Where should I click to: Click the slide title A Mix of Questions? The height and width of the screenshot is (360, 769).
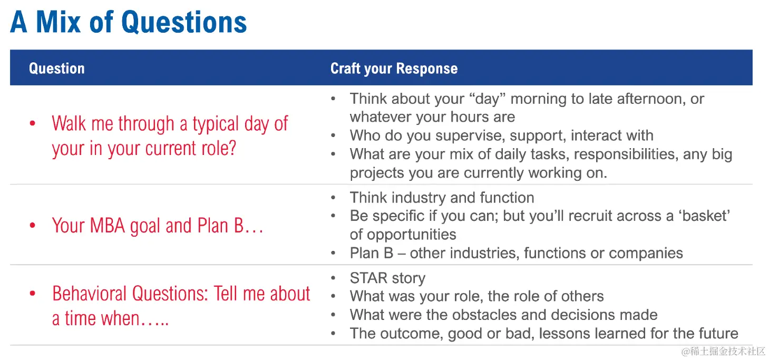(129, 22)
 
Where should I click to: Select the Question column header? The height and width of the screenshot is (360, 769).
(56, 69)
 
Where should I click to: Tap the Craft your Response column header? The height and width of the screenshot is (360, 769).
(394, 69)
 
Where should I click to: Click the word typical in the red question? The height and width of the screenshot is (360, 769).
(216, 124)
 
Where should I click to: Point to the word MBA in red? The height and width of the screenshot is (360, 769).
(108, 226)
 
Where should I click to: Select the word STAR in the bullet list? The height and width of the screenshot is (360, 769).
(368, 278)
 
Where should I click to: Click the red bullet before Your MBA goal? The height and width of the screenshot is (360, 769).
(33, 226)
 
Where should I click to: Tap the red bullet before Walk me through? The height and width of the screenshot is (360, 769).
(33, 123)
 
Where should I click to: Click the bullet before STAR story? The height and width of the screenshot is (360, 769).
(333, 278)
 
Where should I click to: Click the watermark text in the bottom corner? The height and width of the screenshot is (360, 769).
(723, 351)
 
